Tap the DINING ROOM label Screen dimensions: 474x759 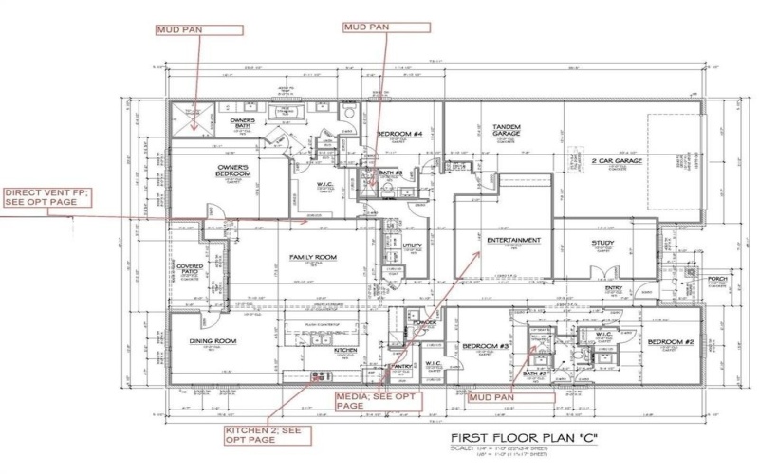coord(212,341)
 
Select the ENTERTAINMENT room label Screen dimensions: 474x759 coord(513,241)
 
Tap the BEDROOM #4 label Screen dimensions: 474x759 coord(399,136)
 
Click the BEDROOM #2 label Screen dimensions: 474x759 coord(672,341)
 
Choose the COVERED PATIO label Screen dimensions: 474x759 coord(190,270)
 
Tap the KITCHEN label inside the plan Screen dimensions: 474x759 coord(344,350)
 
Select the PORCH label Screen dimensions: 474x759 coord(717,280)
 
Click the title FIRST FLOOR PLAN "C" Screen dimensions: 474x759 coord(524,439)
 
